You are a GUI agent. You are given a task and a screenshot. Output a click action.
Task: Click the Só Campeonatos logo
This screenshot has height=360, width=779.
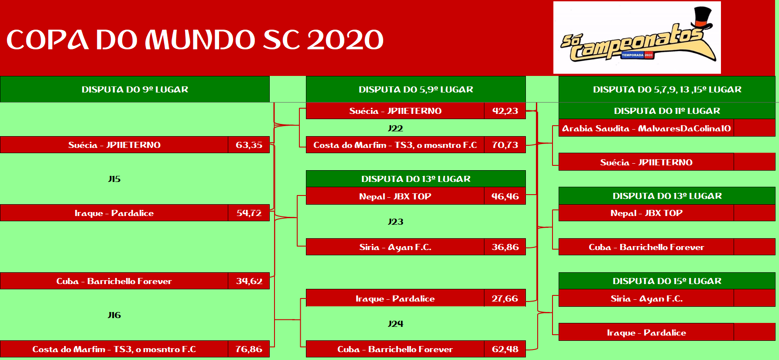coord(637,38)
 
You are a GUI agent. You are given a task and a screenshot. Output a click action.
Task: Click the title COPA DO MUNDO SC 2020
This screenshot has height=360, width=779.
coord(195,40)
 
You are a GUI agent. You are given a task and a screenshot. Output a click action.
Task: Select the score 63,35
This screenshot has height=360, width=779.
coord(249,145)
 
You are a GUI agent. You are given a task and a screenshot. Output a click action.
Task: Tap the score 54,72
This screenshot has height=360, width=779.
coord(249,213)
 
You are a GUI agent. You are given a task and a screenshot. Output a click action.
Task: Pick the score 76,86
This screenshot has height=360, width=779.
coord(249,349)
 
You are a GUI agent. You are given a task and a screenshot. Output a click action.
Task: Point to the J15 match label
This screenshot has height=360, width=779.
coord(114,179)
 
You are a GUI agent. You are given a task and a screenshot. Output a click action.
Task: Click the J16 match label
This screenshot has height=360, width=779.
coord(114,315)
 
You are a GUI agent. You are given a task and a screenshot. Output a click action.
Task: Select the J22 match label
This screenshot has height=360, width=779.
coord(395,128)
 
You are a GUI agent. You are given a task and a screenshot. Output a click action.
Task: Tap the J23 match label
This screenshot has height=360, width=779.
coord(395,222)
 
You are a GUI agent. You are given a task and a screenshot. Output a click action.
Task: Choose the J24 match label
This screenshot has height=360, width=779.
coord(395,324)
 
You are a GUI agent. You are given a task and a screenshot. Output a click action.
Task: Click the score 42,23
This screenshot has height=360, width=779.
coord(505,111)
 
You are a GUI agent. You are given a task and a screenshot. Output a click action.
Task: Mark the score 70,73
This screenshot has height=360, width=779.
coord(505,145)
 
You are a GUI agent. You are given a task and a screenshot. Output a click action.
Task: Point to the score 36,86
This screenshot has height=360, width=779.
coord(505,247)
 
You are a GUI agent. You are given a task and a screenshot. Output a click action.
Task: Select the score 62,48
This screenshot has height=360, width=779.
coord(505,349)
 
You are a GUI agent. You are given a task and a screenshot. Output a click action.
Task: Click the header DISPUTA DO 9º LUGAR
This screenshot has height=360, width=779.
coord(135,89)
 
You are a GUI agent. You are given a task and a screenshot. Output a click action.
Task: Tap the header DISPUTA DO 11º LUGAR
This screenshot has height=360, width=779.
coord(667,111)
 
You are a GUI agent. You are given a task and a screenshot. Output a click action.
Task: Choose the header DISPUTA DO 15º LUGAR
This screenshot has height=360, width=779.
coord(667,281)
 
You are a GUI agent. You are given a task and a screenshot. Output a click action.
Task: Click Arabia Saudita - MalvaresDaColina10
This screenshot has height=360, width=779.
coord(646,128)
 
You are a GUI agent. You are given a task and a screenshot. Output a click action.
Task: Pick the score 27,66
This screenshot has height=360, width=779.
coord(505,298)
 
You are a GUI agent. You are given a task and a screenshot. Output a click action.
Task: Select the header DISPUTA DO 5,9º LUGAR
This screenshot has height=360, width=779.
coord(416,89)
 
